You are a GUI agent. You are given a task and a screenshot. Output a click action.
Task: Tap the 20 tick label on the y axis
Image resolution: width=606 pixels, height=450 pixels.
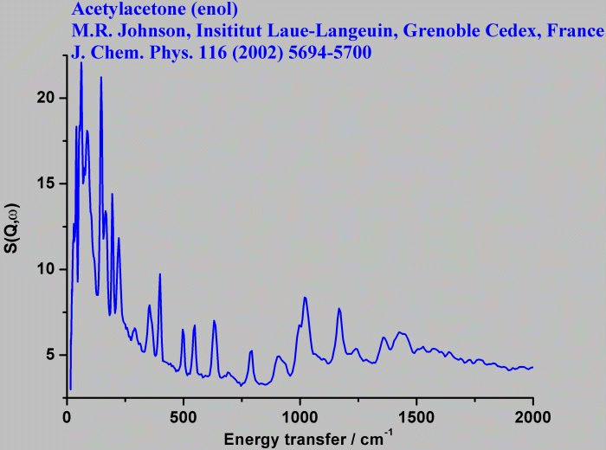pyautogui.click(x=47, y=98)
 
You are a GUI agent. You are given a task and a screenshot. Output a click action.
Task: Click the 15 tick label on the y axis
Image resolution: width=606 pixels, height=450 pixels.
pyautogui.click(x=47, y=183)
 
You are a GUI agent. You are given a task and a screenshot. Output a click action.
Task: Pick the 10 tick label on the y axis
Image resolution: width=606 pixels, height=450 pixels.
pyautogui.click(x=47, y=269)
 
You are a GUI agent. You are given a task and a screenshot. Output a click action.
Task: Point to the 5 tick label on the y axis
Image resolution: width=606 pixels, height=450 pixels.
pyautogui.click(x=50, y=355)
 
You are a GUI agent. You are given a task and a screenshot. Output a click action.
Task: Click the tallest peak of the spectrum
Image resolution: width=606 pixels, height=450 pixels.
pyautogui.click(x=81, y=63)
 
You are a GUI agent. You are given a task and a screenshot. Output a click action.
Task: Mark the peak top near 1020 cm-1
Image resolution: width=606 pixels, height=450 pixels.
pyautogui.click(x=305, y=298)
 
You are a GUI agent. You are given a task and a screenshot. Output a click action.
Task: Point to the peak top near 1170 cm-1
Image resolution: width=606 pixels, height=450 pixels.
pyautogui.click(x=339, y=309)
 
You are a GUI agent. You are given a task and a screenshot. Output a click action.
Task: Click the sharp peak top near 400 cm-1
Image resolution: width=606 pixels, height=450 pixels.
pyautogui.click(x=160, y=274)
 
